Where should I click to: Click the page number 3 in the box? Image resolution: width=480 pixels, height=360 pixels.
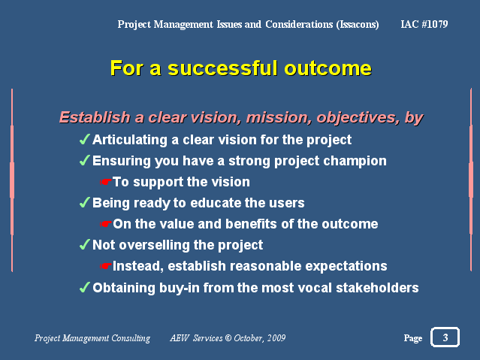(445, 337)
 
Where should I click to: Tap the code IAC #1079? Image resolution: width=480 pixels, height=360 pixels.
(424, 24)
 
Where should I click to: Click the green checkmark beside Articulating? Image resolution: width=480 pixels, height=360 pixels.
(85, 139)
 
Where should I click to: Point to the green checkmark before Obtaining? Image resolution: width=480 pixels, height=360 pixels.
(85, 287)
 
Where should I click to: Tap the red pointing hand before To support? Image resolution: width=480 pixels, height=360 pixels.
(106, 182)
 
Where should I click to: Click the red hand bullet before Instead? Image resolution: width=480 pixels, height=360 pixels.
(106, 266)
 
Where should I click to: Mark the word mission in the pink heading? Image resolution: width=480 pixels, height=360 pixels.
(279, 118)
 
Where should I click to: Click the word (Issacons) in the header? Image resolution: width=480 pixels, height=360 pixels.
(358, 24)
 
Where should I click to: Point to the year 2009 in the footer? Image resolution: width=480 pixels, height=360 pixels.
(276, 338)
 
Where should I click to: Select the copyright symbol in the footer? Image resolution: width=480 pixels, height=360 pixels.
(228, 338)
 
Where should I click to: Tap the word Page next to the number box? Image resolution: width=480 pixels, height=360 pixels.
(413, 338)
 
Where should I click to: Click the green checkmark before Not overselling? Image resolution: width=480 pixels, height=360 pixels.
(85, 244)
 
